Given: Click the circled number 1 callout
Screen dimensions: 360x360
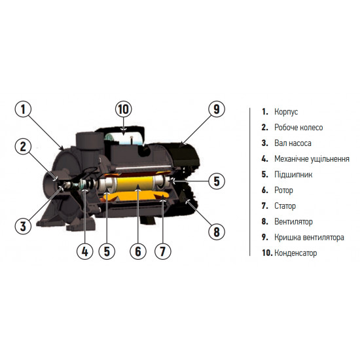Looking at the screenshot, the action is pyautogui.click(x=23, y=109).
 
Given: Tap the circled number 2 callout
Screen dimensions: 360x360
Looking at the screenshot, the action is pyautogui.click(x=23, y=146).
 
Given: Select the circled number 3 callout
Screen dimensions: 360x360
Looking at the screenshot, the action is pyautogui.click(x=23, y=226).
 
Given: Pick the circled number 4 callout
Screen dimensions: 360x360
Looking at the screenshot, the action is pyautogui.click(x=84, y=251).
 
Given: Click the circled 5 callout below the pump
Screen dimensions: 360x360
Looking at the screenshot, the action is pyautogui.click(x=107, y=251).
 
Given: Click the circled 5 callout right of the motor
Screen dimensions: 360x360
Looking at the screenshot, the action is pyautogui.click(x=217, y=181).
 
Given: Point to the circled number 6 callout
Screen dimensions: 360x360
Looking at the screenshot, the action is pyautogui.click(x=137, y=251).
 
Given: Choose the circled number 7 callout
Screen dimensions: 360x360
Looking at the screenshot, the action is pyautogui.click(x=162, y=251).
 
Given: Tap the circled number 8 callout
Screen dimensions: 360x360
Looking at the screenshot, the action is pyautogui.click(x=217, y=232).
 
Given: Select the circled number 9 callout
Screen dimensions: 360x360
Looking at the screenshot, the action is pyautogui.click(x=217, y=109).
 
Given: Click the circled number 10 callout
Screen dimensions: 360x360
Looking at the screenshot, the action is pyautogui.click(x=124, y=109).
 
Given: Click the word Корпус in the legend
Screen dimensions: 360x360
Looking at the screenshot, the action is pyautogui.click(x=286, y=112).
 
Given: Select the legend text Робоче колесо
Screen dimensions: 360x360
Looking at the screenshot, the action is pyautogui.click(x=298, y=128).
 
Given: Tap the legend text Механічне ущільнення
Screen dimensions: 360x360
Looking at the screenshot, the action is pyautogui.click(x=312, y=159).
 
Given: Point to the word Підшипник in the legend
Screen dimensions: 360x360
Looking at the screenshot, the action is pyautogui.click(x=293, y=175).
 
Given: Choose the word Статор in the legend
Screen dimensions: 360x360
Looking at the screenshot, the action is pyautogui.click(x=285, y=206).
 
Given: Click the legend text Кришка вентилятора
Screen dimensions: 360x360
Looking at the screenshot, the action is pyautogui.click(x=309, y=238).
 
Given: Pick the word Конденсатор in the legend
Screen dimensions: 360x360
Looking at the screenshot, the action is pyautogui.click(x=295, y=253).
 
